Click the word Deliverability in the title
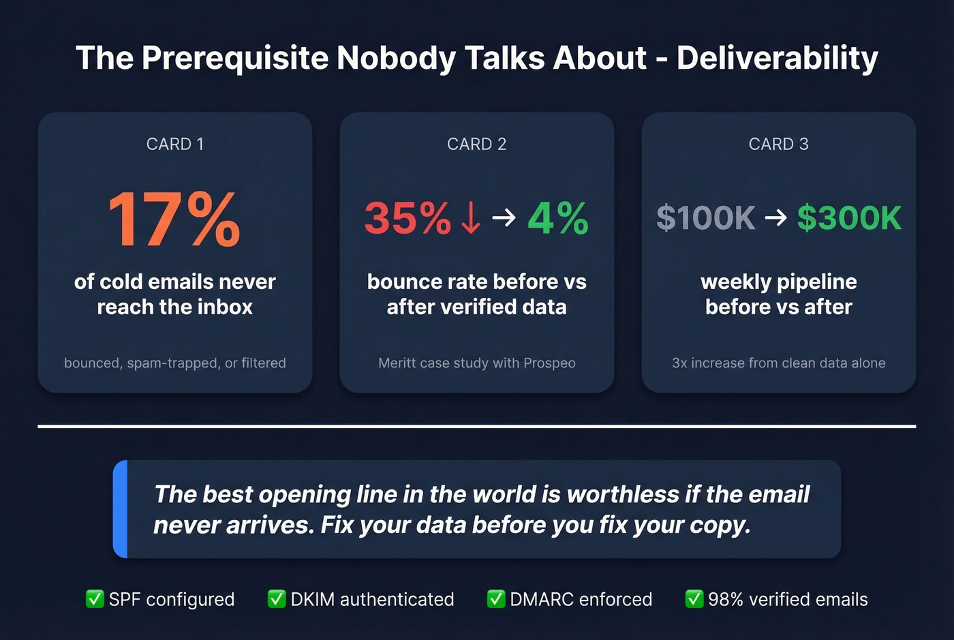pos(778,59)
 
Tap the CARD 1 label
pos(175,144)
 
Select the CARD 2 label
pos(477,144)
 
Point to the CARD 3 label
pos(778,144)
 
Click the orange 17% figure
pos(174,219)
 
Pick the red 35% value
pos(407,219)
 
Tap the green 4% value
pos(558,219)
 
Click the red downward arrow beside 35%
pos(470,219)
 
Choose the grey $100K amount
pos(706,219)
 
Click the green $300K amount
pos(849,219)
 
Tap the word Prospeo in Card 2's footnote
pos(549,363)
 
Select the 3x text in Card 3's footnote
pos(679,363)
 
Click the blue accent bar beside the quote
pos(121,509)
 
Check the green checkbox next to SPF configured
pos(95,599)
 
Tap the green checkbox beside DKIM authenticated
pos(277,599)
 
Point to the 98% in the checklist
pos(726,600)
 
